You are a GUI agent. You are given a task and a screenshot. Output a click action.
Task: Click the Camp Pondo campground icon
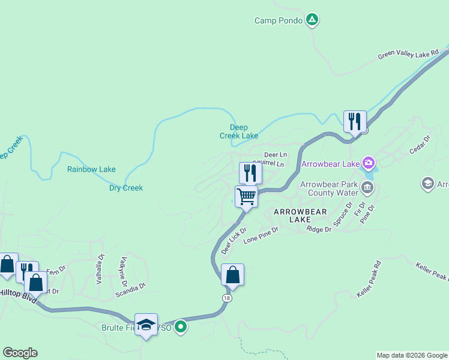[x=312, y=20]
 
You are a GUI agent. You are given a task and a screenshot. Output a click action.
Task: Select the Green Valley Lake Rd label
[x=409, y=56]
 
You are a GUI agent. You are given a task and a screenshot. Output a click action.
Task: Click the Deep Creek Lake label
[x=239, y=131]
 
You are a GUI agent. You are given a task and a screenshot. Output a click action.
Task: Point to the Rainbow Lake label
[x=91, y=169]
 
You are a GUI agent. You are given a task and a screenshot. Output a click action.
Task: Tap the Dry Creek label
[x=126, y=188]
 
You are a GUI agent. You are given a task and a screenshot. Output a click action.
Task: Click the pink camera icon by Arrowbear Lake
[x=369, y=163]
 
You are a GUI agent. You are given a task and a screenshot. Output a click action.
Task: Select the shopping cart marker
[x=246, y=196]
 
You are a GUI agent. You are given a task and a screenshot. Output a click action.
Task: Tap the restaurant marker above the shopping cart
[x=250, y=173]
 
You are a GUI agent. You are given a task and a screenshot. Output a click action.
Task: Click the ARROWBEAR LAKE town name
[x=292, y=216]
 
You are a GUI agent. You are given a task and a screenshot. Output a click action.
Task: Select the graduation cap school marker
[x=146, y=325]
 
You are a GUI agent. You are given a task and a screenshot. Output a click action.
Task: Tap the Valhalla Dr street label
[x=100, y=265]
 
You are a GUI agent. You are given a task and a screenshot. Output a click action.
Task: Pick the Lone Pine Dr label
[x=261, y=233]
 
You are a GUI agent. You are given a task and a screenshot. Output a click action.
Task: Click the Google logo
[x=20, y=353]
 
